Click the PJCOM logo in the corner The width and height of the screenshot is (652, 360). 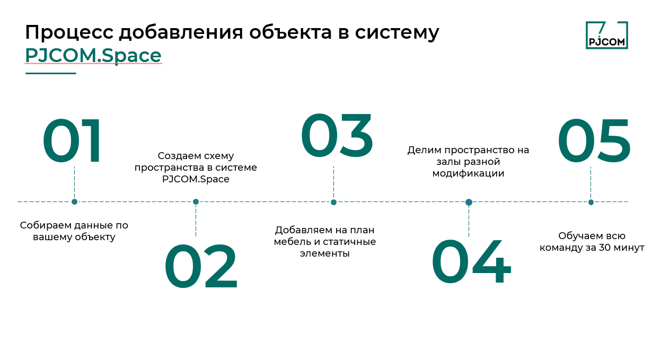[x=606, y=35]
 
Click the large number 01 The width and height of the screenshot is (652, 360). [x=73, y=142]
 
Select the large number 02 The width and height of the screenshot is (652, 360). [x=201, y=267]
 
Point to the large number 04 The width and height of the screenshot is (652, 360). [x=471, y=263]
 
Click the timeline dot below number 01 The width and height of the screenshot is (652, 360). [x=74, y=201]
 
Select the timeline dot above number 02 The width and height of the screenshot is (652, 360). [x=196, y=201]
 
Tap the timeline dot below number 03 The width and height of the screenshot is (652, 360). [x=333, y=202]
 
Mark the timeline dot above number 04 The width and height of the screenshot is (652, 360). [x=469, y=202]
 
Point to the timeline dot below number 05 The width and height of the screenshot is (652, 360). [x=591, y=202]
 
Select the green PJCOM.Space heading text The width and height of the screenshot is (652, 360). [x=93, y=55]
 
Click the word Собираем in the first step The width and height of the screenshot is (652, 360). [x=42, y=225]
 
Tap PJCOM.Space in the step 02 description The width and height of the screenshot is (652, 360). [x=196, y=179]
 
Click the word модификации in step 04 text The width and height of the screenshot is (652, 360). [x=468, y=173]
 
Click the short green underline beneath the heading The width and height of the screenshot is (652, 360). [x=51, y=73]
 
